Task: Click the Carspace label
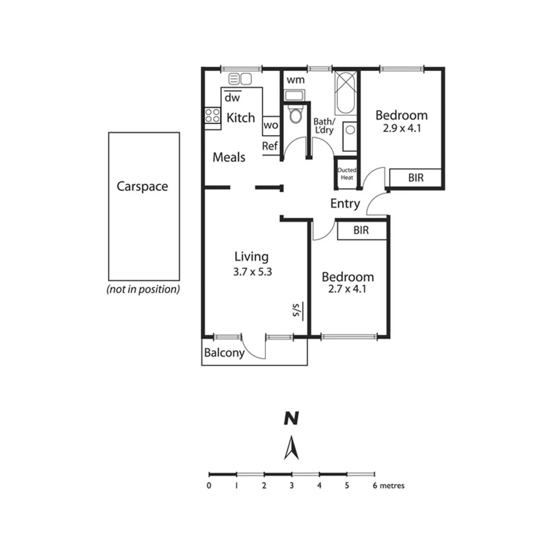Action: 142,187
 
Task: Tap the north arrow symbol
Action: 291,448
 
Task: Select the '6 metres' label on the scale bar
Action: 389,486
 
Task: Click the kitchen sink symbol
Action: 240,79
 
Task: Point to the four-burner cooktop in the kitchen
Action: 213,116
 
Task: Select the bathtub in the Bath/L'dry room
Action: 346,93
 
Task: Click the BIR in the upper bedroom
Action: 415,178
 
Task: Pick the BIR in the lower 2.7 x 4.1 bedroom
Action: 361,231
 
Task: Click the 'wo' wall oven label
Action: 270,125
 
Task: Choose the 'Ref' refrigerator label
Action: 269,146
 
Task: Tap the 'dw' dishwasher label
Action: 233,97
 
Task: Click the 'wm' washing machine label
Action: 295,80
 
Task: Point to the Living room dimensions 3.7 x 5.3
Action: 251,272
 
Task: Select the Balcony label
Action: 224,353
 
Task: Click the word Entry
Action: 345,203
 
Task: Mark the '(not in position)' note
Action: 143,289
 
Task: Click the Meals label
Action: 229,157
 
